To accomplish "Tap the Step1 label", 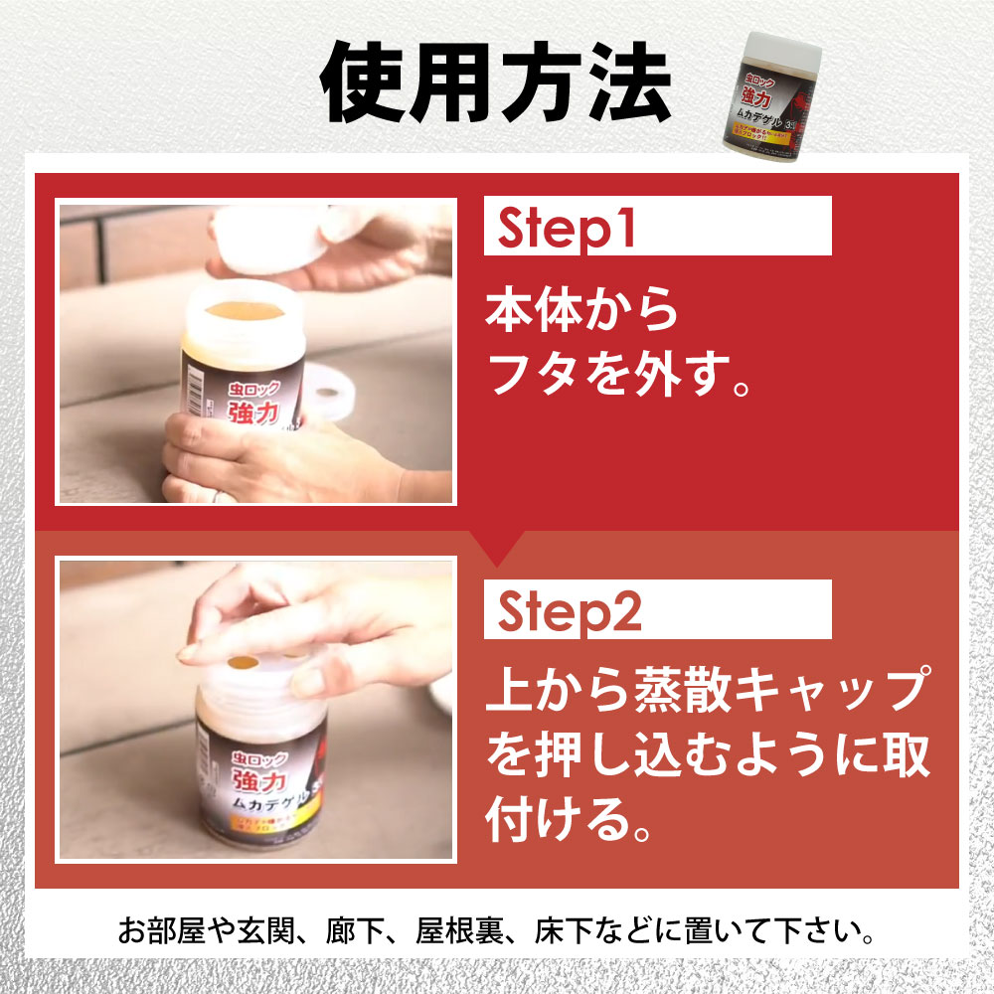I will pos(566,229).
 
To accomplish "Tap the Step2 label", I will pos(570,612).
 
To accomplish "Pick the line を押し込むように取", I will pos(708,757).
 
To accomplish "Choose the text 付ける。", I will pos(562,821).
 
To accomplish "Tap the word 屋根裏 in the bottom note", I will pos(466,933).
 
